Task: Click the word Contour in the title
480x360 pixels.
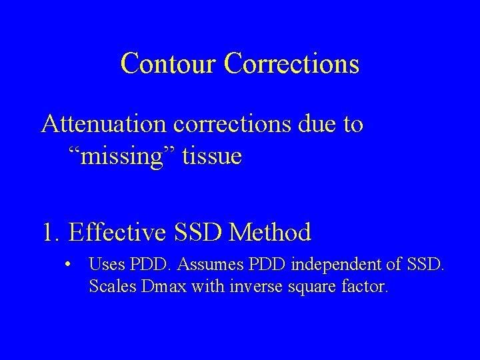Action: click(169, 63)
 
